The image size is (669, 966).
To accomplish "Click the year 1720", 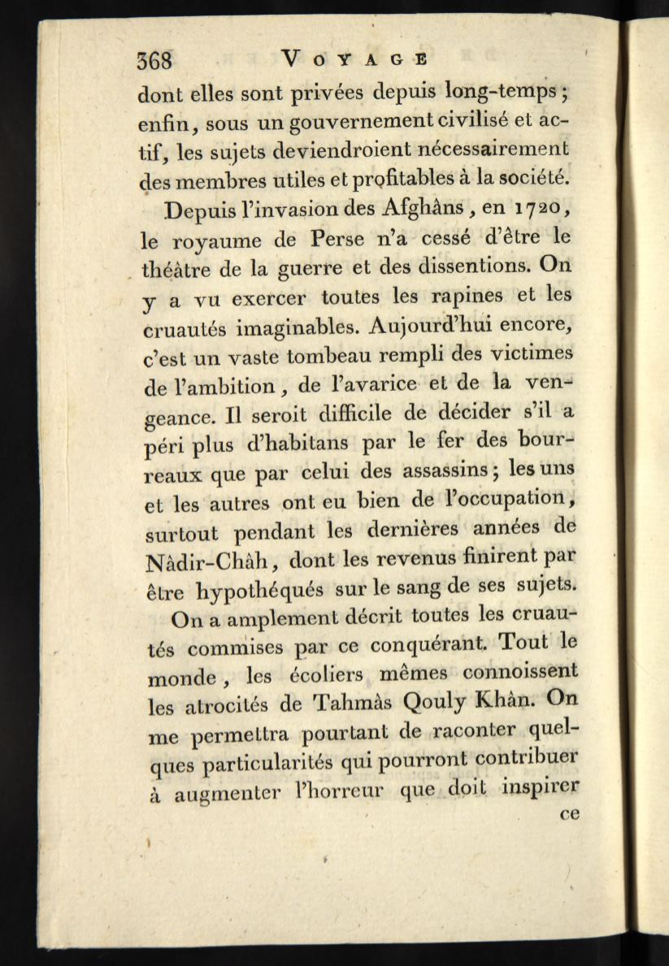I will point(545,209).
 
